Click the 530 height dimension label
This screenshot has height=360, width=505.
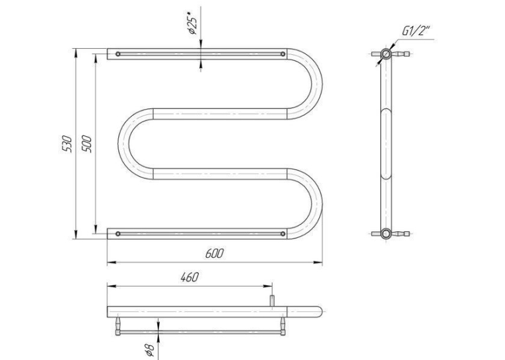[67, 143]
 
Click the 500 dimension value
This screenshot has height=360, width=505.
[86, 144]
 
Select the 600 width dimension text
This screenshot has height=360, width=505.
[214, 254]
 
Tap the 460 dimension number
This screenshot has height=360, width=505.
[189, 277]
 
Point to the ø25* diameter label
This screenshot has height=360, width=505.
[191, 22]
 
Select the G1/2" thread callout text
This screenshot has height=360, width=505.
[416, 30]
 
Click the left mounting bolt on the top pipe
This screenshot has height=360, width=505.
[118, 54]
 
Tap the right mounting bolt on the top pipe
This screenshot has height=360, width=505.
[283, 54]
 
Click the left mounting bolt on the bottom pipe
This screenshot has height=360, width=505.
[118, 234]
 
